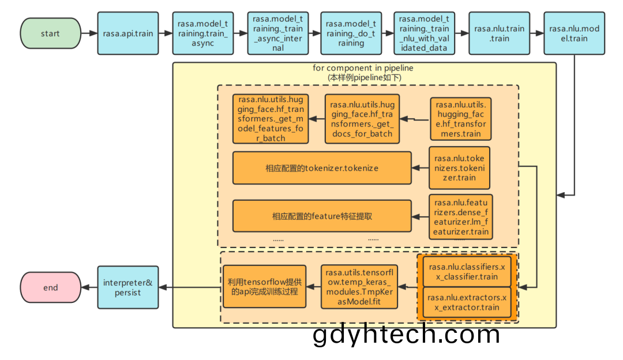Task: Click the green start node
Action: point(50,33)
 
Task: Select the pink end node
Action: point(50,287)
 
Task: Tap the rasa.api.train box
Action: point(128,33)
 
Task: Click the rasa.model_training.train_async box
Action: point(202,33)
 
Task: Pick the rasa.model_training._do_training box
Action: point(351,33)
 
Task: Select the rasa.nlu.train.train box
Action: point(499,33)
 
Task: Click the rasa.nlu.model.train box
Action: point(574,33)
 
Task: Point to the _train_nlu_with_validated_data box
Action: point(424,33)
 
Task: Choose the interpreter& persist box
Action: point(128,287)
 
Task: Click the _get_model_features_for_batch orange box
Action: point(271,119)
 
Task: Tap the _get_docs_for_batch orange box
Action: point(362,119)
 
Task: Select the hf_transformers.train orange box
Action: point(460,119)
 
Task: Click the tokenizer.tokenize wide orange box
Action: point(322,168)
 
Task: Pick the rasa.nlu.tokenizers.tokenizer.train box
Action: point(459,168)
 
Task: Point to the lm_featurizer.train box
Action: point(461,217)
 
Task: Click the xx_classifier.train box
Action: point(467,272)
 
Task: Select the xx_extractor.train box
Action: point(467,302)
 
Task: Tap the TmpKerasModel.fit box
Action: point(359,287)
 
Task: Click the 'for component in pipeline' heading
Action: point(363,68)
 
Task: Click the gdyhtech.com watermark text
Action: point(406,334)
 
